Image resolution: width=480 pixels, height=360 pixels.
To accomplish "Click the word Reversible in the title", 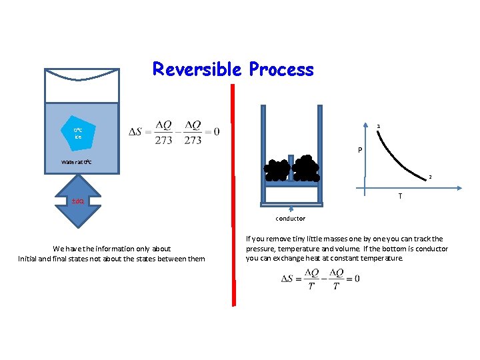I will click(198, 69).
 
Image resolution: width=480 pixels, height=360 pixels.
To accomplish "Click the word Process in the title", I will click(281, 69).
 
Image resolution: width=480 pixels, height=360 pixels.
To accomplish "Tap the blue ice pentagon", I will click(78, 133).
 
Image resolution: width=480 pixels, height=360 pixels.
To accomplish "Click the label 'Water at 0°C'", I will click(81, 161).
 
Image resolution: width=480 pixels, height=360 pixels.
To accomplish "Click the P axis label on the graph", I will click(359, 151).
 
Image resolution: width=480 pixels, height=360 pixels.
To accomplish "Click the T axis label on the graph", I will click(400, 196).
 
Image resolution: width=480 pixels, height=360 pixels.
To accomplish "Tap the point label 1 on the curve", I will click(379, 126).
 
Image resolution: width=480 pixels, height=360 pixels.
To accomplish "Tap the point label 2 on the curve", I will click(431, 177).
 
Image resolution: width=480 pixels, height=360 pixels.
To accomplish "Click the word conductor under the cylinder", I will click(291, 219).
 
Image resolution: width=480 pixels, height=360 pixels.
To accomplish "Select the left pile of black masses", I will click(276, 171).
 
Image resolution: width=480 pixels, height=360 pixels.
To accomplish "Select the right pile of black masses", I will click(306, 169).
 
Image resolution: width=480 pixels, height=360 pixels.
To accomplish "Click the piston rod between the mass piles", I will click(291, 172).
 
